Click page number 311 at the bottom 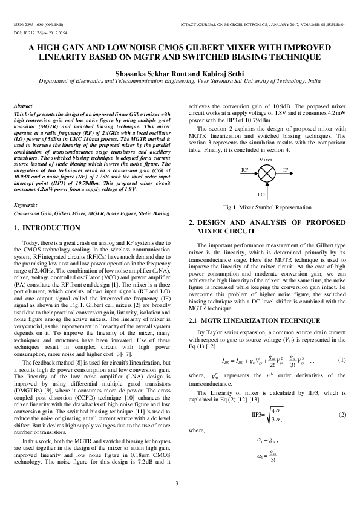[180, 482]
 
